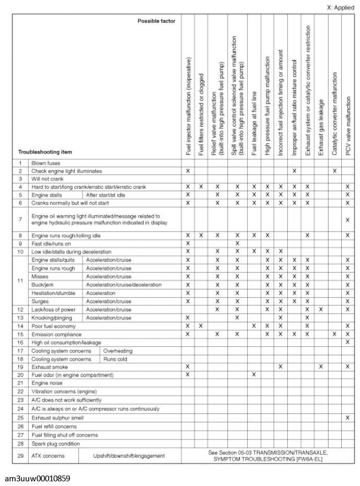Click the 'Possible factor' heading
point(156,21)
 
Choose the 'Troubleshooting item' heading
point(45,152)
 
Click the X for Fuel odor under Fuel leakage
point(253,375)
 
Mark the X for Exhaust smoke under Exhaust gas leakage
point(321,367)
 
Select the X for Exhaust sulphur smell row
point(347,418)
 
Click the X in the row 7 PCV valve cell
point(347,219)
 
